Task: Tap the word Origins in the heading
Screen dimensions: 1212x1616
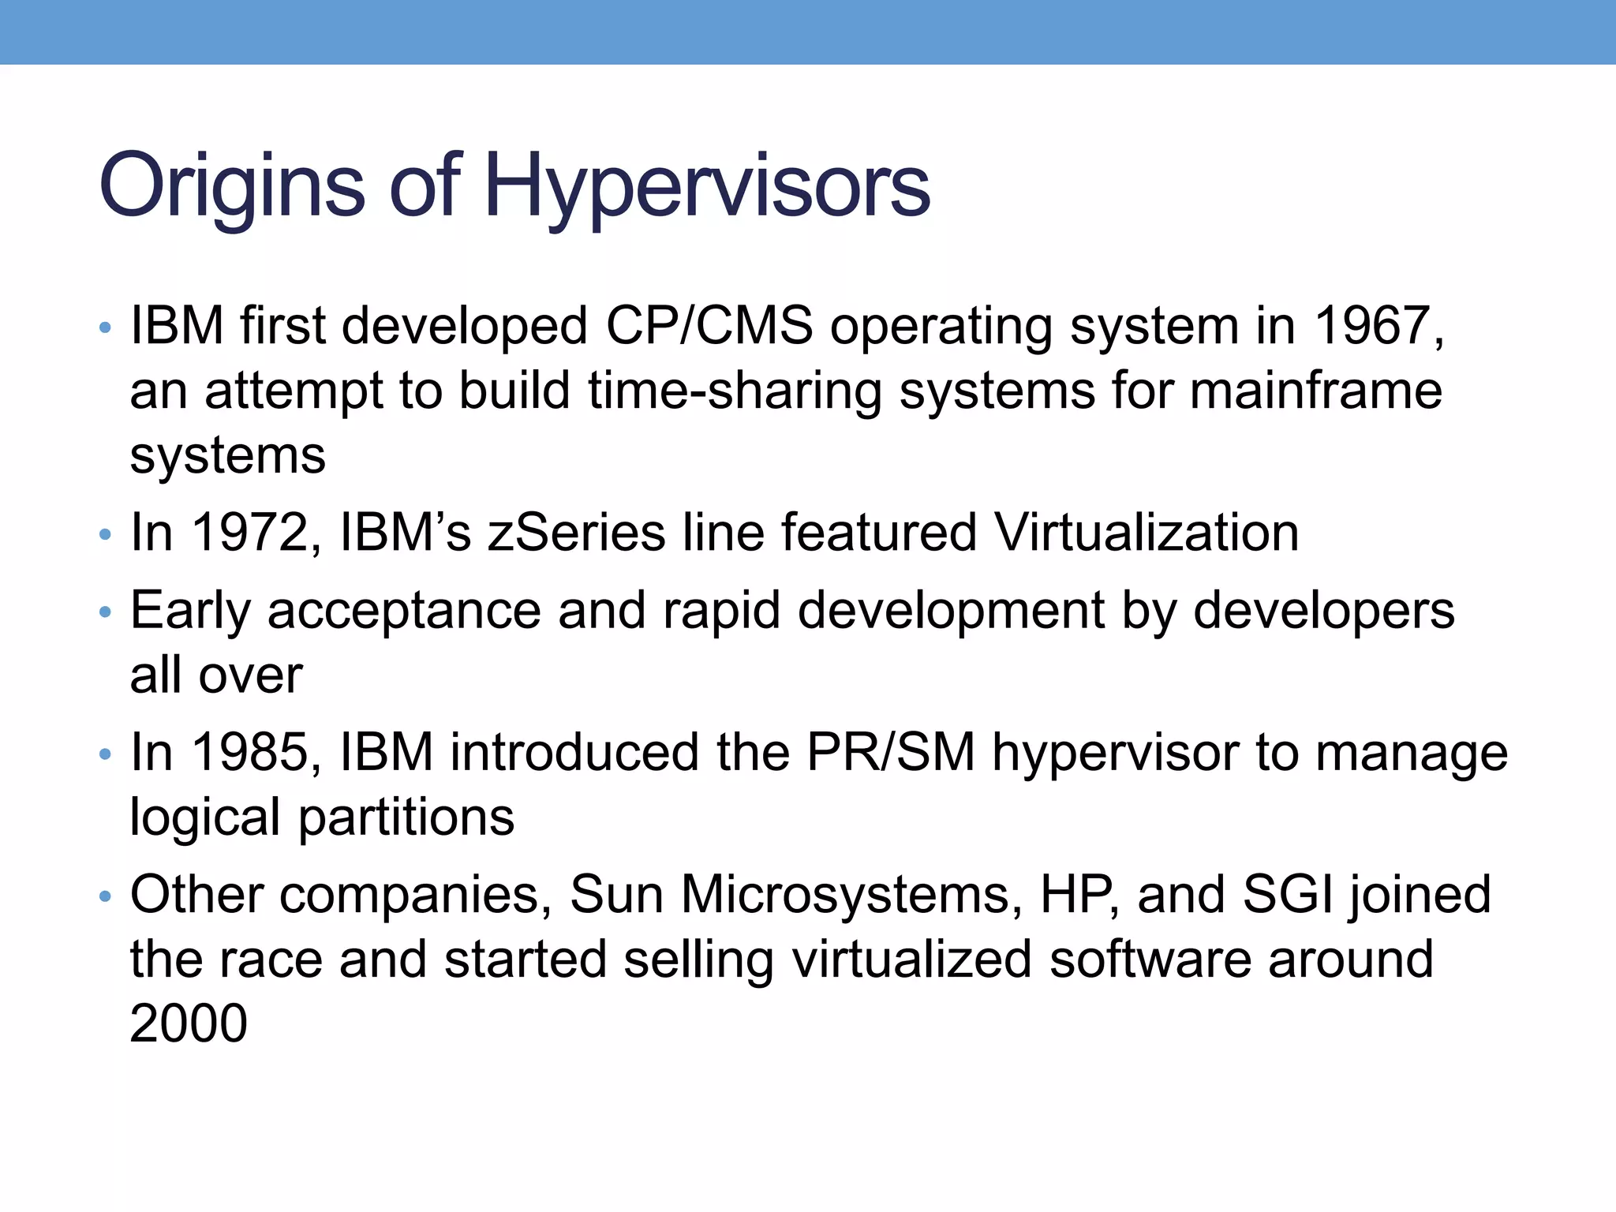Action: pos(231,188)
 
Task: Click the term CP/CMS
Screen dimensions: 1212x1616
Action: pos(709,326)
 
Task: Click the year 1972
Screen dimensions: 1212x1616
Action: pos(251,533)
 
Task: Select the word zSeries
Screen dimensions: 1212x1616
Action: pos(577,533)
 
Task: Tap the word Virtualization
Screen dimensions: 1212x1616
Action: pos(1146,533)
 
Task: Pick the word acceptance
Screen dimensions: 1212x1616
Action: pos(404,612)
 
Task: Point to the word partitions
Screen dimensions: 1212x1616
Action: pos(406,817)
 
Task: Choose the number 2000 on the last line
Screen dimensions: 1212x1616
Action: pos(189,1023)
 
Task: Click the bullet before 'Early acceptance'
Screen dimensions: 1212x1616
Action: pos(106,612)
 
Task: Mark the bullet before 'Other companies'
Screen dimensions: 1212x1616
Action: pos(106,896)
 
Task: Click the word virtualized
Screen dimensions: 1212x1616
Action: pos(911,959)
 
